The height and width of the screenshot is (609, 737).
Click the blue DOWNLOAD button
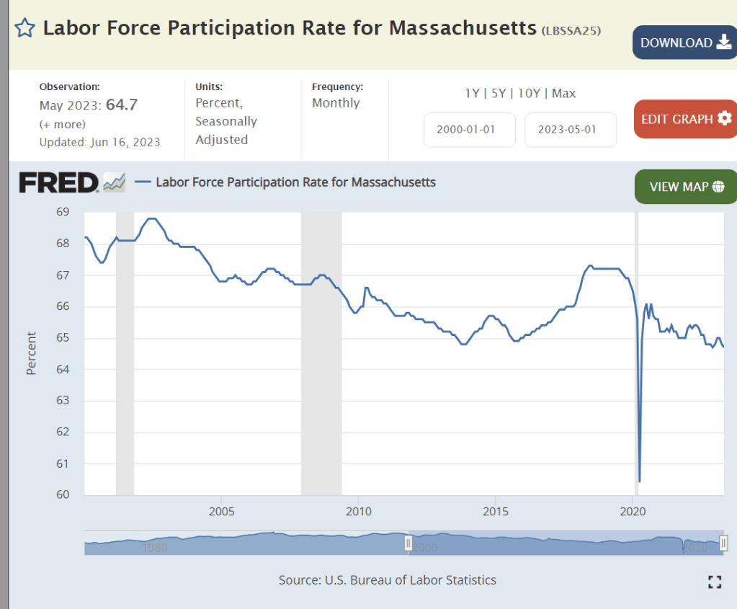684,43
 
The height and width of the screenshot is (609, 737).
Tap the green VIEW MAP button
685,187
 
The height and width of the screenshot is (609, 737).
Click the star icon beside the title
24,28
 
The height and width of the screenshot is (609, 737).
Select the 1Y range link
472,93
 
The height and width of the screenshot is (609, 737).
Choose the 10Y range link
530,93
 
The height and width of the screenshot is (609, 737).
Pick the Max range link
564,93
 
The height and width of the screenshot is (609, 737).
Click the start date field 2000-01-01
469,130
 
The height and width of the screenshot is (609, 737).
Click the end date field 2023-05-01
570,130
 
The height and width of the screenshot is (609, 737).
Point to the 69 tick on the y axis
63,212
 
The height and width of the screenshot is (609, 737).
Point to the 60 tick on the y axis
63,494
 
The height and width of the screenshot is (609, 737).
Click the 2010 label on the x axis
358,512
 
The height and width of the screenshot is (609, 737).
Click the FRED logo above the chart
58,183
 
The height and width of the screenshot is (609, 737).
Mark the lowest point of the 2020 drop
640,481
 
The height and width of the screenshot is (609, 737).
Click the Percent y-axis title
31,353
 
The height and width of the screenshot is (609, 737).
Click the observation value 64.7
122,105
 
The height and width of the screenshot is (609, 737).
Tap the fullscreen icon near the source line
714,582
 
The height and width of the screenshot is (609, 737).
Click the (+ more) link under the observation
62,124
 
